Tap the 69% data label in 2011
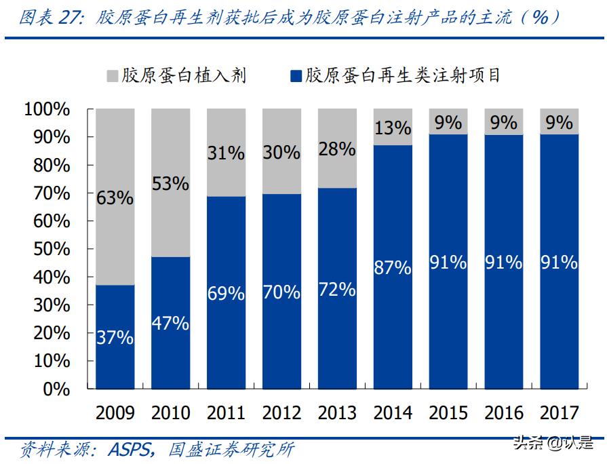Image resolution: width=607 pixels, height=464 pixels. point(226,294)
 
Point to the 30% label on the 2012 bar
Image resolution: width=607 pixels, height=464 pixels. point(281,153)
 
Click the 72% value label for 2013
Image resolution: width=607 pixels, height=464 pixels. point(337,290)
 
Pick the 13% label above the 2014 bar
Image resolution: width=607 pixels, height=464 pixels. point(393,128)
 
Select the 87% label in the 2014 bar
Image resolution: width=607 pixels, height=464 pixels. point(393,268)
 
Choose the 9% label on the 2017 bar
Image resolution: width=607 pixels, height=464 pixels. point(560,122)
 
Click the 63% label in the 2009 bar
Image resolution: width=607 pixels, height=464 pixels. point(115,198)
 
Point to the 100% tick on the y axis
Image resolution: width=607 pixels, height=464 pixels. point(47,109)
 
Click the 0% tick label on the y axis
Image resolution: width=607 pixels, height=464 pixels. point(56,389)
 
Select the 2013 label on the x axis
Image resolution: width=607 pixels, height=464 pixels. point(337,412)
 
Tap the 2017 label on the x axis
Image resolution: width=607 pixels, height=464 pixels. point(560,412)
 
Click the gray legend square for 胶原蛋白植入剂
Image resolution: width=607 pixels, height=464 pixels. point(112,75)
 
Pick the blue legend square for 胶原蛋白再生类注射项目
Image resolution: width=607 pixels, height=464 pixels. point(296,75)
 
